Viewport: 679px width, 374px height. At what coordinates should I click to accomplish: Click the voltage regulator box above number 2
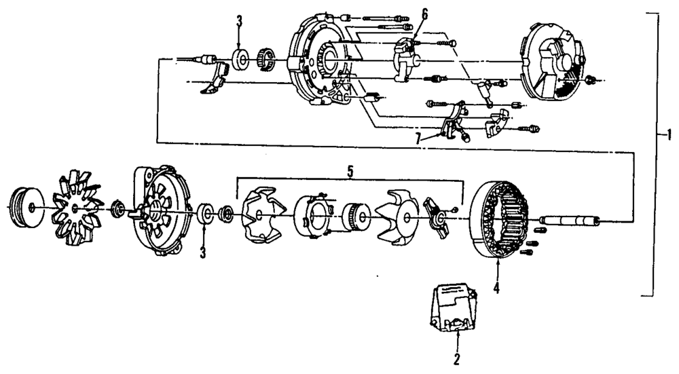pyautogui.click(x=240, y=60)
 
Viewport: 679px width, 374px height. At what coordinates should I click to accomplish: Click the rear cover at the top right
pyautogui.click(x=158, y=211)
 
